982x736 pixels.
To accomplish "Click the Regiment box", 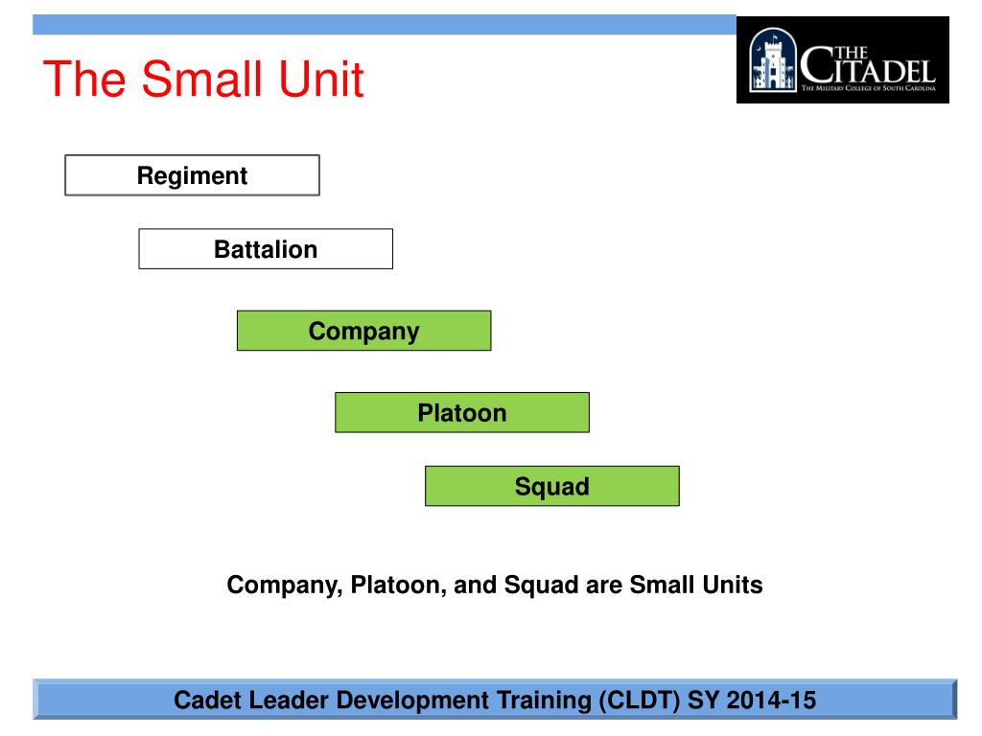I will [192, 175].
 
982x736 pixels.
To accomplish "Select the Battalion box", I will [266, 249].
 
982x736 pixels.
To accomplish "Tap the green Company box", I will [363, 332].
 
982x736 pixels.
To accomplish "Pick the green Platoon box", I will [461, 413].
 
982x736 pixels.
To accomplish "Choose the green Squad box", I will [551, 486].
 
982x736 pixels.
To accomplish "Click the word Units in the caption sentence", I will [732, 585].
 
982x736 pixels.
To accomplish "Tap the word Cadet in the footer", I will [203, 701].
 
